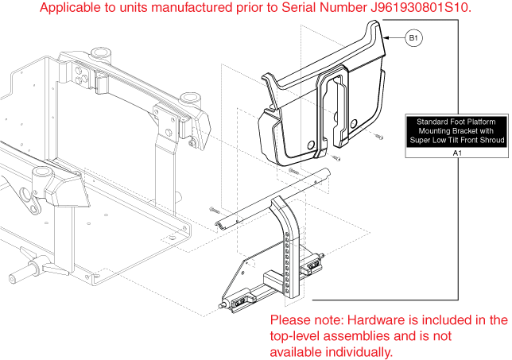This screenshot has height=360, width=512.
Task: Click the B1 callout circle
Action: [414, 37]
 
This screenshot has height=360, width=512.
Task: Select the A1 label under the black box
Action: [456, 152]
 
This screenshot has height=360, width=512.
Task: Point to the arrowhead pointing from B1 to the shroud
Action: [386, 38]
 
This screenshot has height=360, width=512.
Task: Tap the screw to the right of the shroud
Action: [376, 140]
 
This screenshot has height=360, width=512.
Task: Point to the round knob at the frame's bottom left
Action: [15, 279]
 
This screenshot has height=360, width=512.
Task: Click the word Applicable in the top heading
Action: [69, 9]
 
